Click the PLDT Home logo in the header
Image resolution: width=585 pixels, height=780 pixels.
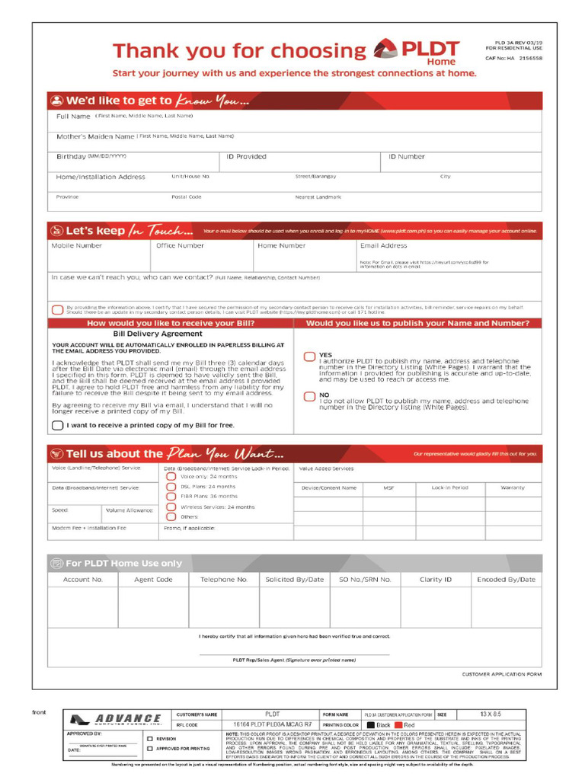pos(416,52)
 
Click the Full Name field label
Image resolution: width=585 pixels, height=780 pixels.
pos(73,117)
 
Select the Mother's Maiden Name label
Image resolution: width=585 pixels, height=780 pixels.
pos(95,136)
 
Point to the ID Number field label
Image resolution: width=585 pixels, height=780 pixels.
pos(407,157)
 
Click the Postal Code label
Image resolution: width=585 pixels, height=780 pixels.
pos(187,197)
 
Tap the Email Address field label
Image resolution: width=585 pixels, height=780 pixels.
pos(383,246)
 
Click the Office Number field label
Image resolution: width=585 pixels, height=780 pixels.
pos(180,246)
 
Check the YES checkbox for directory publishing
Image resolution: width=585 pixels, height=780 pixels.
pos(309,356)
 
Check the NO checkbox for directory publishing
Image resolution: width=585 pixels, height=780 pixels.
pos(309,396)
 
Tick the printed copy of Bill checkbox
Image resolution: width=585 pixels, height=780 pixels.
pos(58,425)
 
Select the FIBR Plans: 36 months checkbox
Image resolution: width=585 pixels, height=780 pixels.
pos(171,496)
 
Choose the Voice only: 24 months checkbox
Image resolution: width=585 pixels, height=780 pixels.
pos(171,476)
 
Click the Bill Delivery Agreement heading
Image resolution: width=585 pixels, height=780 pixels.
pos(158,334)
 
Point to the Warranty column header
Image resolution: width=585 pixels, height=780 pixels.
pos(517,487)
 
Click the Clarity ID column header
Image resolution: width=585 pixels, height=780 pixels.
pos(436,580)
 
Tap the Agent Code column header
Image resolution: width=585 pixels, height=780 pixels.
pos(153,580)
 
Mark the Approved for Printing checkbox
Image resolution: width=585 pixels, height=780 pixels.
pos(149,749)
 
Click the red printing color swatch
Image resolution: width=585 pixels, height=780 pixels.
pos(398,725)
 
